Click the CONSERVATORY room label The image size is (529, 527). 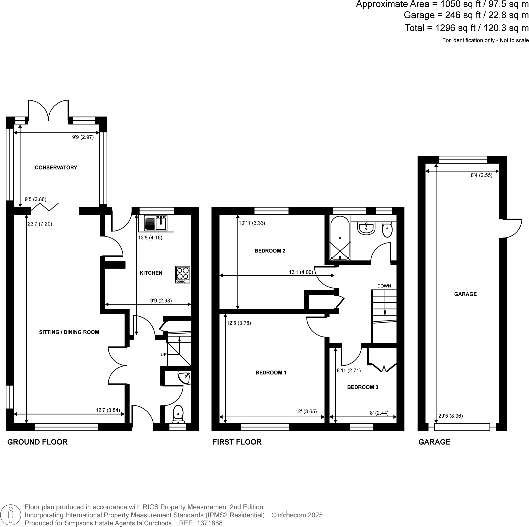point(56,168)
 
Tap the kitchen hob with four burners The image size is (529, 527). point(182,275)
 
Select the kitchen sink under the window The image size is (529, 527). point(156,223)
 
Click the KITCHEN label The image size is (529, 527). point(151,273)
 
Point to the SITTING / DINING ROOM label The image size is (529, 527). point(69,332)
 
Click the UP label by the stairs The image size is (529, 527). point(163,355)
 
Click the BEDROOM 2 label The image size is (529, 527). point(270,251)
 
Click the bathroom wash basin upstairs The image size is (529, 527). point(366,228)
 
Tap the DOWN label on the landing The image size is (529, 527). point(384,286)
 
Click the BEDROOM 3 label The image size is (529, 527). point(362,387)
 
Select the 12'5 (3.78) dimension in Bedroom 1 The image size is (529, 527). point(239,323)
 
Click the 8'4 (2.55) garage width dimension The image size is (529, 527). point(481,175)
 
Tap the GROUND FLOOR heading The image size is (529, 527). point(37,442)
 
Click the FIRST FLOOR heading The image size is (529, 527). point(237,442)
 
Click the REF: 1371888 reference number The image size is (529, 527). point(201,523)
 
